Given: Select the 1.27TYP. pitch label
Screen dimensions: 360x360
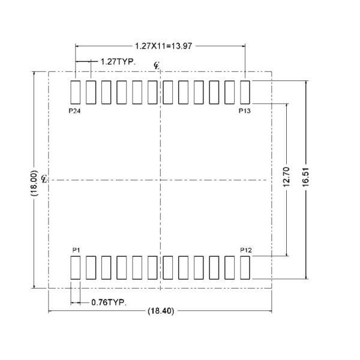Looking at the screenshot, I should pos(118,61).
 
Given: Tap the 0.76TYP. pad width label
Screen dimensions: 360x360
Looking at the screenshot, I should pos(109,302).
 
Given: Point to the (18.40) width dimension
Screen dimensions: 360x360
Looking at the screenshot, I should pos(160,311).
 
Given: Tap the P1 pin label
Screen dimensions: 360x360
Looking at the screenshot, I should pos(76,249).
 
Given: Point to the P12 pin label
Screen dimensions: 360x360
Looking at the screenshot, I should pos(245,249).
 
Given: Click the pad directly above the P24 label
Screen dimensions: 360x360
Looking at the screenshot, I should pos(76,92).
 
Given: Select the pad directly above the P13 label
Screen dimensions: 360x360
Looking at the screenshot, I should pos(245,92).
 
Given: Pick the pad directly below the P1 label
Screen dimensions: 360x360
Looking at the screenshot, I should pos(76,268).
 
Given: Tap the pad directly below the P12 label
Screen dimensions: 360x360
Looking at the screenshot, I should pos(245,268).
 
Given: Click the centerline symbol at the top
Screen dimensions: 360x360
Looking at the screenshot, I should pos(157,65).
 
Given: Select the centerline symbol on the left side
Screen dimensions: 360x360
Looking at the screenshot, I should pos(45,179).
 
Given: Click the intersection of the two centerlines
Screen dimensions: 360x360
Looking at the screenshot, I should pos(160,179).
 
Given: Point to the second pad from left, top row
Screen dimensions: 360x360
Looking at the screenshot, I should pos(91,92).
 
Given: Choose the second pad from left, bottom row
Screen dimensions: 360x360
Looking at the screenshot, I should pos(91,268).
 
